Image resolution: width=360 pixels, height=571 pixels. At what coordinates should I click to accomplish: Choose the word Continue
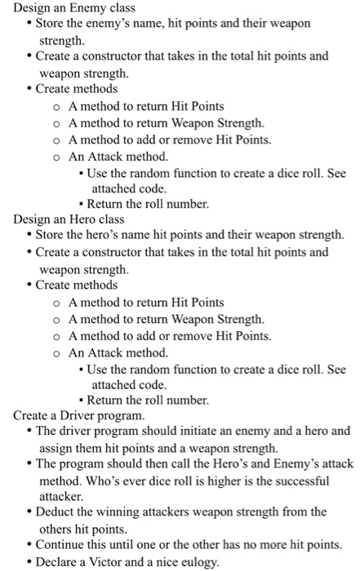pos(66,544)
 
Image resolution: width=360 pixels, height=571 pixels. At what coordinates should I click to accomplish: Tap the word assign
pos(56,447)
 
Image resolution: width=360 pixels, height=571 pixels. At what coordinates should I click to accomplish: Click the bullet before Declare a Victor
pos(30,561)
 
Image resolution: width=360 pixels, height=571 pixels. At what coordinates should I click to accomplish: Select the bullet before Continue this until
pos(30,544)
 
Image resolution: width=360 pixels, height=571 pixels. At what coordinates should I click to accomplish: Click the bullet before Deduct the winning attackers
pos(30,511)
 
